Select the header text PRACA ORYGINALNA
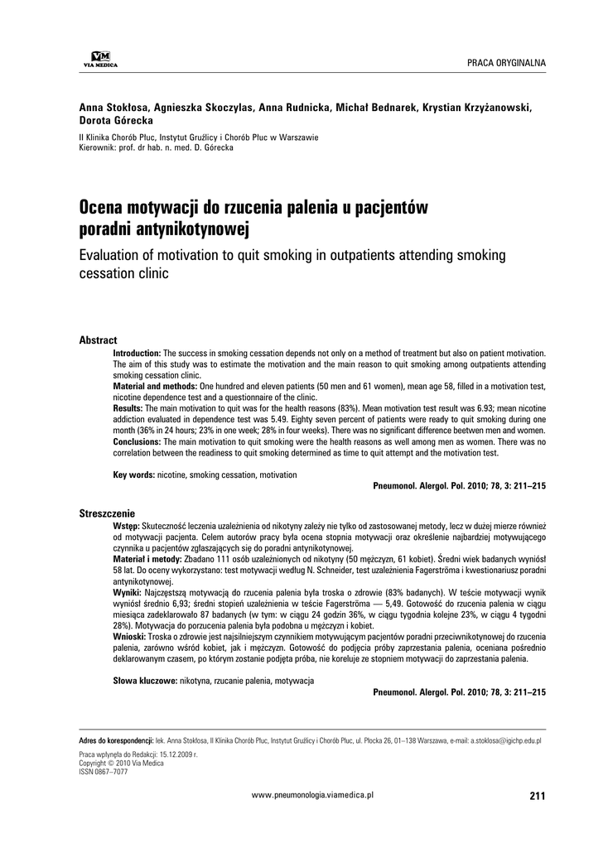506,63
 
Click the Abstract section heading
98,340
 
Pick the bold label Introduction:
137,353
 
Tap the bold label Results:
128,408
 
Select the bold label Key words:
133,475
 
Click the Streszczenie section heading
107,514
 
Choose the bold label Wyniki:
129,594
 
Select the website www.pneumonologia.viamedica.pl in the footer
313,794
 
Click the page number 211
537,796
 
